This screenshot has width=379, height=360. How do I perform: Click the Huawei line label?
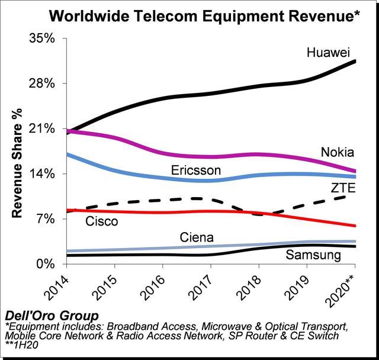[x=328, y=52]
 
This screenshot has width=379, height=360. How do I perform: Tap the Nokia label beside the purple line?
[x=338, y=152]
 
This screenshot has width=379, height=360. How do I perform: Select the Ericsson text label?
[x=196, y=171]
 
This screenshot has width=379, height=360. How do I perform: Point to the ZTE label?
[x=343, y=188]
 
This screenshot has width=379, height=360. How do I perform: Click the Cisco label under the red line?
[x=102, y=221]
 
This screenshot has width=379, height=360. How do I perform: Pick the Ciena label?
[x=197, y=237]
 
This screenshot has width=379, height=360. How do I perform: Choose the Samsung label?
[x=313, y=255]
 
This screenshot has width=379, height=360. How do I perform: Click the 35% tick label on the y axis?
[x=42, y=38]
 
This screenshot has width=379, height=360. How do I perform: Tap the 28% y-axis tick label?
[x=42, y=83]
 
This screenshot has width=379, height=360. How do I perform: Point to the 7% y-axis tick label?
[x=46, y=219]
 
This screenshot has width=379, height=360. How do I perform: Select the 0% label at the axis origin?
[x=46, y=264]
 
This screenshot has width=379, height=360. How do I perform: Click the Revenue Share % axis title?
[x=17, y=163]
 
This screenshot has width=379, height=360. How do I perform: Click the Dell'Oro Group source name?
[x=52, y=316]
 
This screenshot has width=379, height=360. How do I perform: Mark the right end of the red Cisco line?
[x=355, y=226]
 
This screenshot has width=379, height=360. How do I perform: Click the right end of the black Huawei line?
[x=355, y=61]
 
